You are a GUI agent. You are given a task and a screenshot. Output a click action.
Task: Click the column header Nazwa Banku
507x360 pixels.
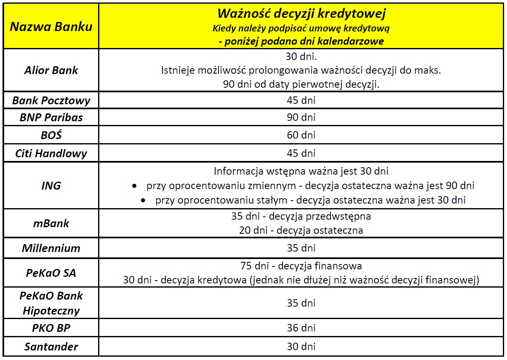coord(51,27)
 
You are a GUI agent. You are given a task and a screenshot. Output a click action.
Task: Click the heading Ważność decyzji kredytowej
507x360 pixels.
coord(301,14)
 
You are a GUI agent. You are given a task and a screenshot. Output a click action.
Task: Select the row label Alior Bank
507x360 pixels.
coord(51,70)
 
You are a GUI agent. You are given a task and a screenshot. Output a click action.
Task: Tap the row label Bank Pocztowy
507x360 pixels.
coord(51,100)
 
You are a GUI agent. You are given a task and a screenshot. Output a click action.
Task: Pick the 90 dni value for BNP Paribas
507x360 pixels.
coord(301,118)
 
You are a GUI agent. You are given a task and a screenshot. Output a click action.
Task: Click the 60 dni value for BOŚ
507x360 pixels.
coord(301,135)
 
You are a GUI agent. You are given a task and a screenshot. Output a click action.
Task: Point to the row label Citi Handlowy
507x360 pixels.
coord(51,154)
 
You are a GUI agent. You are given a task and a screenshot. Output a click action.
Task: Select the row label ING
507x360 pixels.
coord(51,185)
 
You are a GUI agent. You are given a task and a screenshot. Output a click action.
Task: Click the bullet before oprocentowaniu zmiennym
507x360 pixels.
coord(134,186)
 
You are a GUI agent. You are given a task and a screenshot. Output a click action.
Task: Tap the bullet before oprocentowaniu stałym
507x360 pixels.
coord(143,201)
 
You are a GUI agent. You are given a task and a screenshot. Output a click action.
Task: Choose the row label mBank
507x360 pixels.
coord(51,223)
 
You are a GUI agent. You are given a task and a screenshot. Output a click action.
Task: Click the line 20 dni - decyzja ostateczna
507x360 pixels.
coord(301,230)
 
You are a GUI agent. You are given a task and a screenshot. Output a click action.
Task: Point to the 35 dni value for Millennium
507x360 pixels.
coord(301,248)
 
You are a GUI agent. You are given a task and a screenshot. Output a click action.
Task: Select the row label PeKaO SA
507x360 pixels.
coord(51,273)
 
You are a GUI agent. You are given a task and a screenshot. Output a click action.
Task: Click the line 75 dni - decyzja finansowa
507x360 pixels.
coord(301,266)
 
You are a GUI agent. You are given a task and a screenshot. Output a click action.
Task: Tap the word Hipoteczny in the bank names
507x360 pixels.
coord(51,311)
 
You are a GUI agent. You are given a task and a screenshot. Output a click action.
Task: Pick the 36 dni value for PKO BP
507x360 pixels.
coord(301,328)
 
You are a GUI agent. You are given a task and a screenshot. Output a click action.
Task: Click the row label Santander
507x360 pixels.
coord(51,346)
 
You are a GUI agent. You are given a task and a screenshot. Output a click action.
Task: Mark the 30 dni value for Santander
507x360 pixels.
coord(301,346)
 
